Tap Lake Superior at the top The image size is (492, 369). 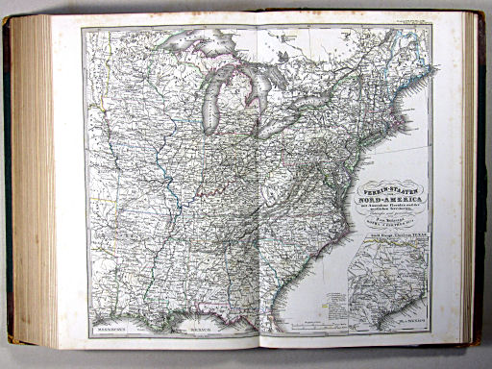[207, 46]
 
